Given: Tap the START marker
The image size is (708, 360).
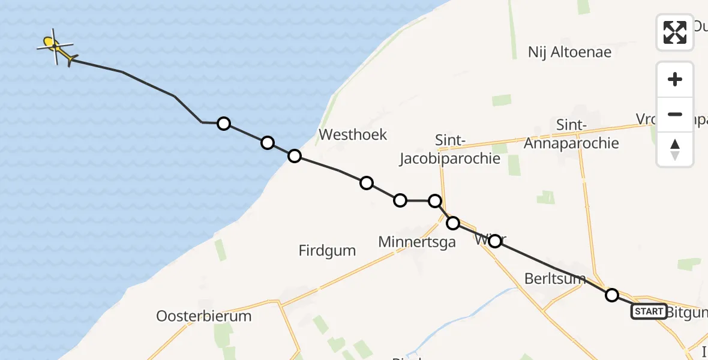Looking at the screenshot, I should pos(649,311).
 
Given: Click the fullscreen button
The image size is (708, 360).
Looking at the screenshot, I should pos(675,32).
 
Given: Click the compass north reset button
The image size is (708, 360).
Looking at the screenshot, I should pos(675,149).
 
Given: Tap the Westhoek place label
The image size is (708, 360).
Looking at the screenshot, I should pos(353,134).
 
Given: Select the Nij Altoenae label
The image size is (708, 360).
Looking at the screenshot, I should pos(569,52).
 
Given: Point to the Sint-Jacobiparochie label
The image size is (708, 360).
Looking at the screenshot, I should pos(450,149).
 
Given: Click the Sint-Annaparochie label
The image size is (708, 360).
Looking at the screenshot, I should pos(571,134).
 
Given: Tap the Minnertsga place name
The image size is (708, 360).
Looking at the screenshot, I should pos(417,242).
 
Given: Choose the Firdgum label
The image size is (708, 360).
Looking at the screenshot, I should pos(327,250).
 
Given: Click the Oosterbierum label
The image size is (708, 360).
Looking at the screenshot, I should pos(203,316).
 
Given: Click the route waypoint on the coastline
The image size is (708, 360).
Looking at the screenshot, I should pos(294,156).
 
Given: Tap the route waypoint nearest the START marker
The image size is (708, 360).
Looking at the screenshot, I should pos(612,295).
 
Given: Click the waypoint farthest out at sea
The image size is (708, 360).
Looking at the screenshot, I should pos(224,124).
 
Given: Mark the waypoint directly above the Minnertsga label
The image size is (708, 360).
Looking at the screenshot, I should pos(400,200).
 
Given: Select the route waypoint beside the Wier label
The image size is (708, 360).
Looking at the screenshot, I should pos(495,241).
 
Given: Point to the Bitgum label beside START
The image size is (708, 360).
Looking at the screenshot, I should pos(688,312).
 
